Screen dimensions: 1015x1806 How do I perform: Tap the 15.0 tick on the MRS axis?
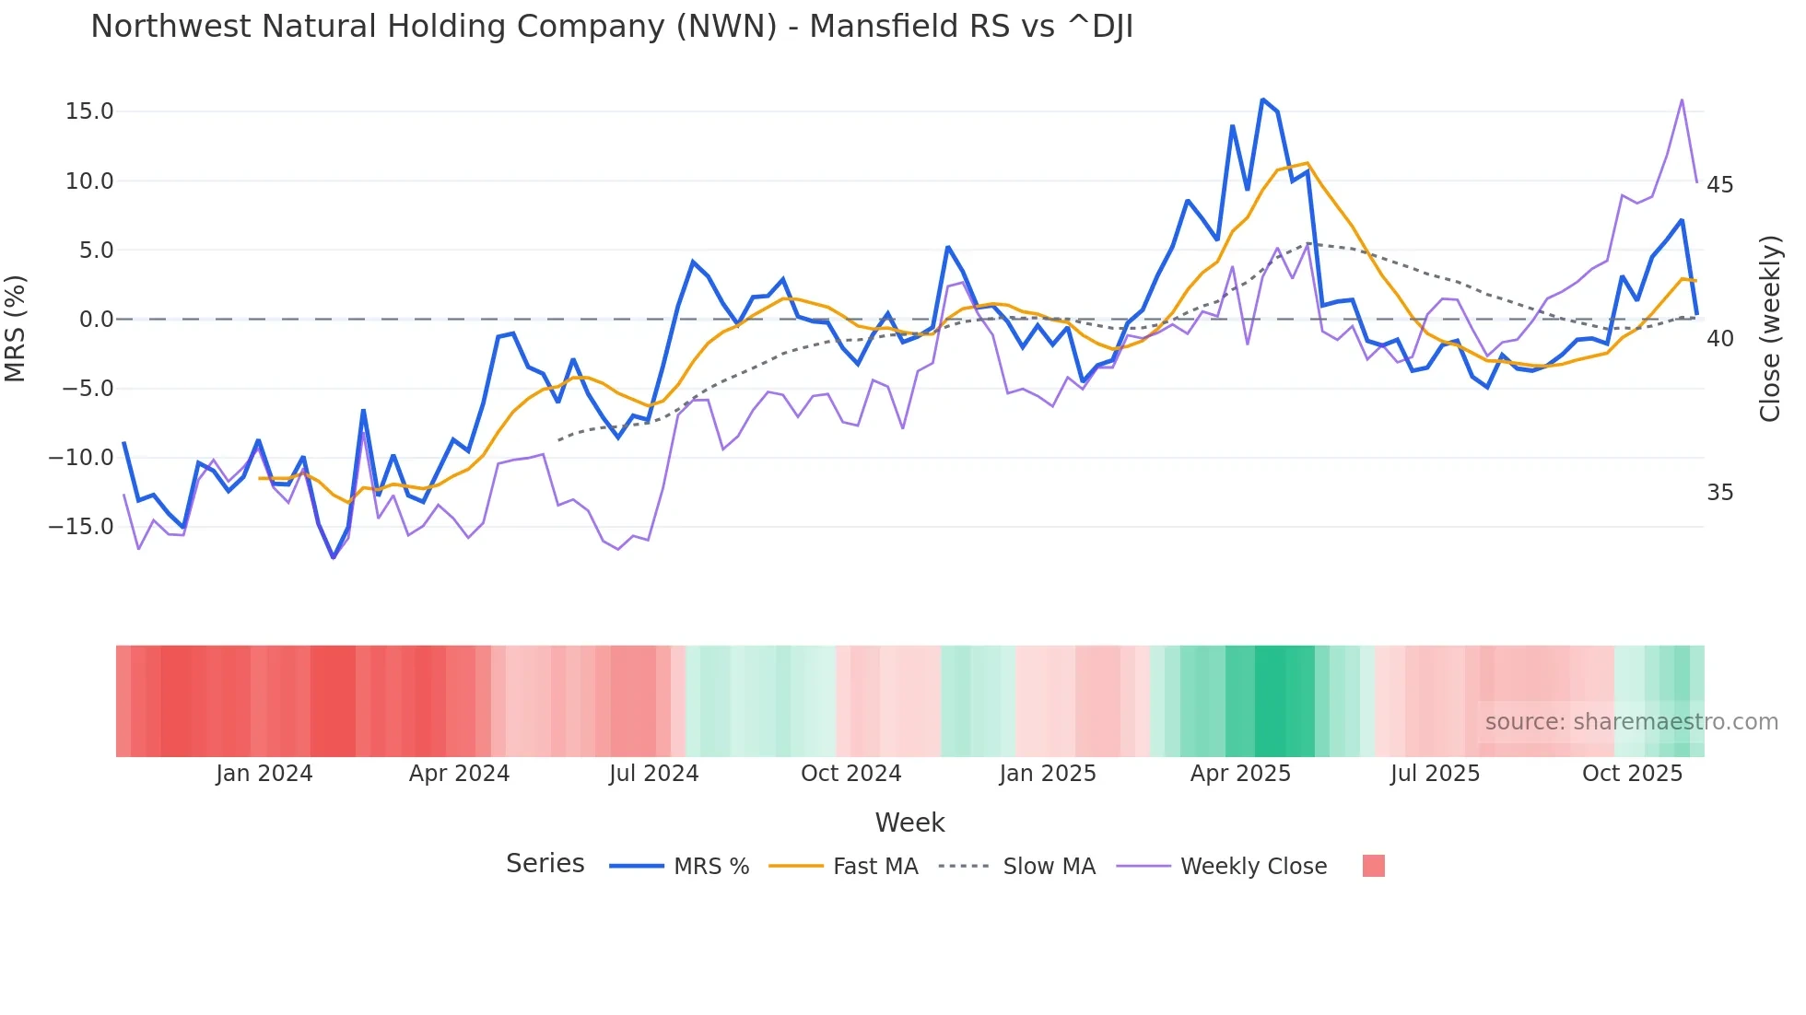tap(89, 111)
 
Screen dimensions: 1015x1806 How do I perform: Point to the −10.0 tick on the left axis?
tap(82, 458)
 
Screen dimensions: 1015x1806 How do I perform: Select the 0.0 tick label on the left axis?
tap(96, 320)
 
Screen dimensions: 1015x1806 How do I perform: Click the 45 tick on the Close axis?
tap(1719, 185)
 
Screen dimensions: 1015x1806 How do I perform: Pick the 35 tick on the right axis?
tap(1719, 493)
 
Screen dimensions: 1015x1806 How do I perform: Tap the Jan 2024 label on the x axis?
tap(264, 774)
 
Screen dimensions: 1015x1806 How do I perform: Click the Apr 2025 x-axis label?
tap(1240, 774)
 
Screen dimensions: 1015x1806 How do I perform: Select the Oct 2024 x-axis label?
tap(850, 774)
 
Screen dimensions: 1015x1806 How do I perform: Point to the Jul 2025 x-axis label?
tap(1435, 774)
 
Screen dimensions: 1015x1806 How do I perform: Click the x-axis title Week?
tap(909, 822)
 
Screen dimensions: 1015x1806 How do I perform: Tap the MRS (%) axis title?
tap(16, 328)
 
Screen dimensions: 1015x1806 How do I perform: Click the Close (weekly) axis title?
tap(1770, 329)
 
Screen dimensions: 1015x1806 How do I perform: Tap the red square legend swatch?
tap(1373, 866)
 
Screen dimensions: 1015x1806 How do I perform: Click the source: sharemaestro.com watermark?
tap(1631, 722)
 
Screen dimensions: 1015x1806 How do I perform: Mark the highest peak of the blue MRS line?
tap(1262, 99)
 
